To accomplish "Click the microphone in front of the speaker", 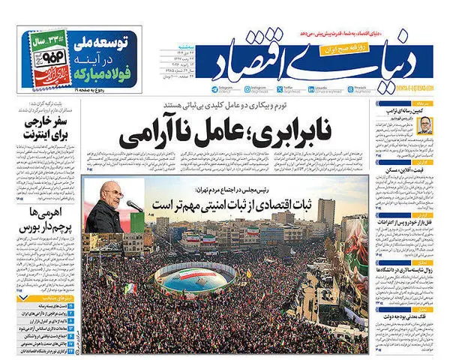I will tap(133, 204).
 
